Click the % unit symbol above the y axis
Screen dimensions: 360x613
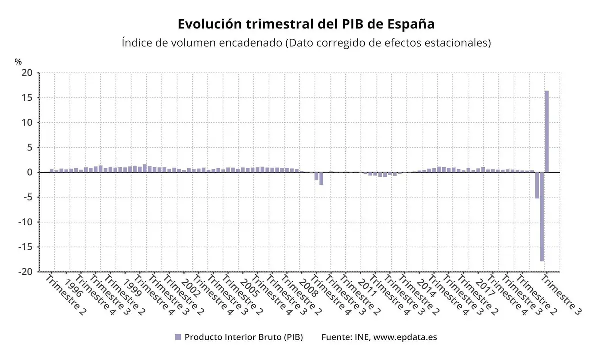point(18,62)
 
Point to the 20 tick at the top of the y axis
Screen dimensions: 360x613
point(27,73)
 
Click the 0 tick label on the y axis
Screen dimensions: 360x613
point(30,172)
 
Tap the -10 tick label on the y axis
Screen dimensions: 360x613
point(26,222)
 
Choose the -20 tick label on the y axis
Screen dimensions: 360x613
point(26,272)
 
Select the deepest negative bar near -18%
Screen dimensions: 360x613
point(542,217)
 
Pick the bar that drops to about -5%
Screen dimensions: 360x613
point(537,185)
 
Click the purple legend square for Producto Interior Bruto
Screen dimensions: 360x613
point(178,337)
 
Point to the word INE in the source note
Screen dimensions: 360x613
point(361,337)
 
